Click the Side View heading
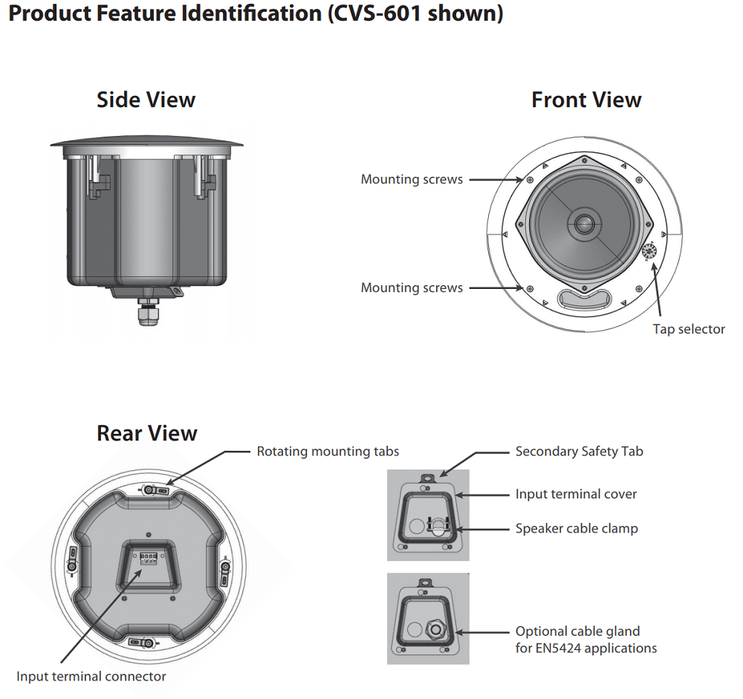[146, 100]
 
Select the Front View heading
[586, 100]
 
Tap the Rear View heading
[147, 433]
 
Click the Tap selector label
[689, 329]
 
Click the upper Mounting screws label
[412, 179]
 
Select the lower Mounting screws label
[412, 287]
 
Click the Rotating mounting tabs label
[328, 451]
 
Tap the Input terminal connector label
[91, 676]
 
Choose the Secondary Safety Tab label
[580, 451]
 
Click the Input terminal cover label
[576, 494]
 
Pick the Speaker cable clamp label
[577, 529]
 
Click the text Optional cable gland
[577, 631]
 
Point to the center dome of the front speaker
[583, 223]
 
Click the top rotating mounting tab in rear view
[155, 490]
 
